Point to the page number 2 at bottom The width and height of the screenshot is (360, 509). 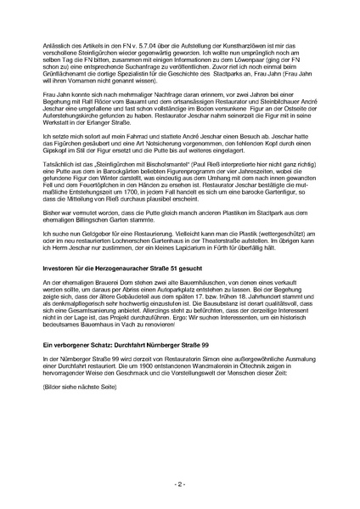(x=179, y=484)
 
